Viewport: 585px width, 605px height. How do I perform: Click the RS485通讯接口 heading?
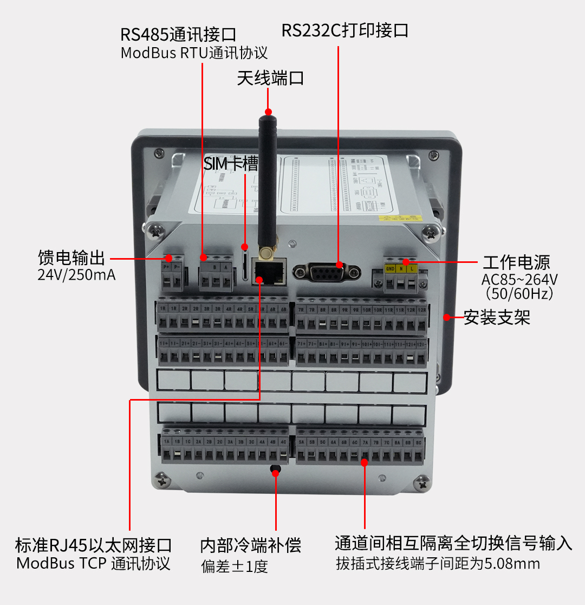point(178,35)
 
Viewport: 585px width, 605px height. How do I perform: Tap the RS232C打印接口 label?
point(344,30)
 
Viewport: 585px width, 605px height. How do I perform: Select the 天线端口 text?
point(270,79)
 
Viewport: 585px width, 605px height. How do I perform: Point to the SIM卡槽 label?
point(231,164)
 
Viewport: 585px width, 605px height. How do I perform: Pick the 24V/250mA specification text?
point(76,275)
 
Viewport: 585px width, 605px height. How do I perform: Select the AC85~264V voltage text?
point(519,280)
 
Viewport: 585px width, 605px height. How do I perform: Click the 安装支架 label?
point(497,317)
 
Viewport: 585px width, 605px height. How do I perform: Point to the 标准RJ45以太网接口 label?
point(93,545)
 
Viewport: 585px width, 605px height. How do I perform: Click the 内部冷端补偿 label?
point(250,545)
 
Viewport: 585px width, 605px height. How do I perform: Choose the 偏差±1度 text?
point(234,567)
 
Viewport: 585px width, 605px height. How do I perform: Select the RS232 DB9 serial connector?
point(326,272)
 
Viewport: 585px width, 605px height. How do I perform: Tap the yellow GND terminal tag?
point(390,268)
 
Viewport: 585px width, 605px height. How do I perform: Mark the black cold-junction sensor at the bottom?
point(275,469)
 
